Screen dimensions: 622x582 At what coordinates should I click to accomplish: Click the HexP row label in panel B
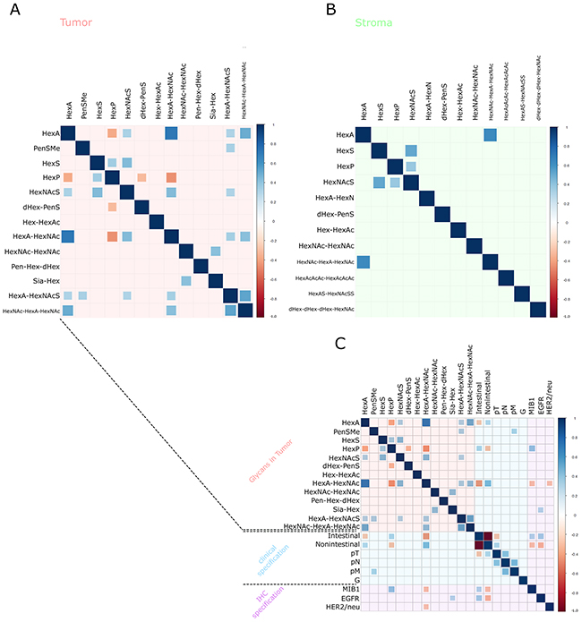(x=344, y=167)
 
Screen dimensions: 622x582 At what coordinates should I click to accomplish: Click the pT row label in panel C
(x=351, y=555)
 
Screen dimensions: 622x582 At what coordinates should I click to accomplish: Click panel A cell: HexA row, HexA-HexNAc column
(x=171, y=133)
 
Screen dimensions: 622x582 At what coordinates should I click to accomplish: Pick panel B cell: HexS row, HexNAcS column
(x=411, y=150)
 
